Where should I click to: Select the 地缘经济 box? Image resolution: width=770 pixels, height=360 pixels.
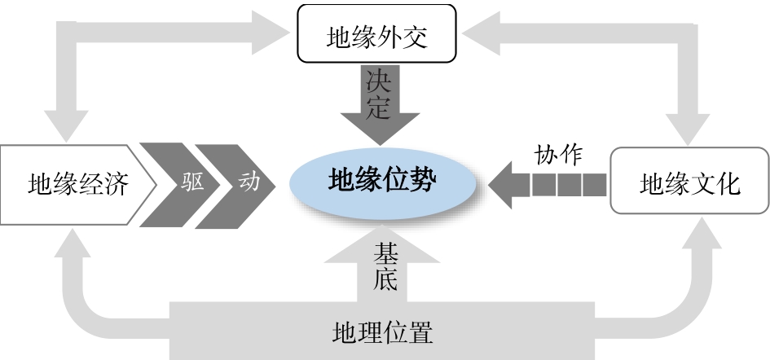coord(77,184)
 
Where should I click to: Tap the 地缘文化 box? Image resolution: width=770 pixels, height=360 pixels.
coord(689,184)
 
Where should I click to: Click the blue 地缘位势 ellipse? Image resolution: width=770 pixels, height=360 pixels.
coord(382,181)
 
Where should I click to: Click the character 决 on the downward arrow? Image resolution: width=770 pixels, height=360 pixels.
coord(378,81)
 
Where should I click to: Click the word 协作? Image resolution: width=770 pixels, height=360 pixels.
coord(558,155)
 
